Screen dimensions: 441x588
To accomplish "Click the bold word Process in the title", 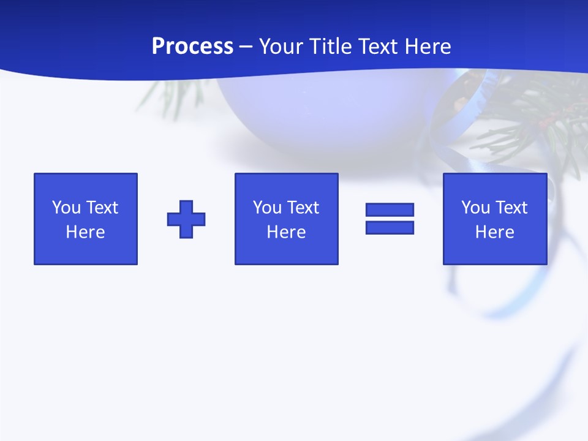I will (192, 47).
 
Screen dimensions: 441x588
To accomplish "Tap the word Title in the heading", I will (331, 47).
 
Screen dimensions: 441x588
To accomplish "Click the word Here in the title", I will (428, 47).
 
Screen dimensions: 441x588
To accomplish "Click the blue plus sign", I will (186, 219).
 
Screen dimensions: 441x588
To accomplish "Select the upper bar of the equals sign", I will (390, 209).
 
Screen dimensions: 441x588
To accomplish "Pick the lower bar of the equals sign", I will (390, 227).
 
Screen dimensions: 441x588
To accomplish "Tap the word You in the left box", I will (66, 208).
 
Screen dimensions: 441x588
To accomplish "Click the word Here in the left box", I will (86, 232).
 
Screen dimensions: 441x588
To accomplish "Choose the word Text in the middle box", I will (303, 208).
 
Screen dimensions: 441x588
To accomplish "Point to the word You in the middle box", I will (267, 208).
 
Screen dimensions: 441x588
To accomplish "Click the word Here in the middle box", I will (287, 232).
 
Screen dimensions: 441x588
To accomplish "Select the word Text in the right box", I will (511, 208).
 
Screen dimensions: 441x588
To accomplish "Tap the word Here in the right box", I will (495, 232).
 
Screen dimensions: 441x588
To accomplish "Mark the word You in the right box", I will (475, 208).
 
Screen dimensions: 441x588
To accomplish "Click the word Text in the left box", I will (102, 208).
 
